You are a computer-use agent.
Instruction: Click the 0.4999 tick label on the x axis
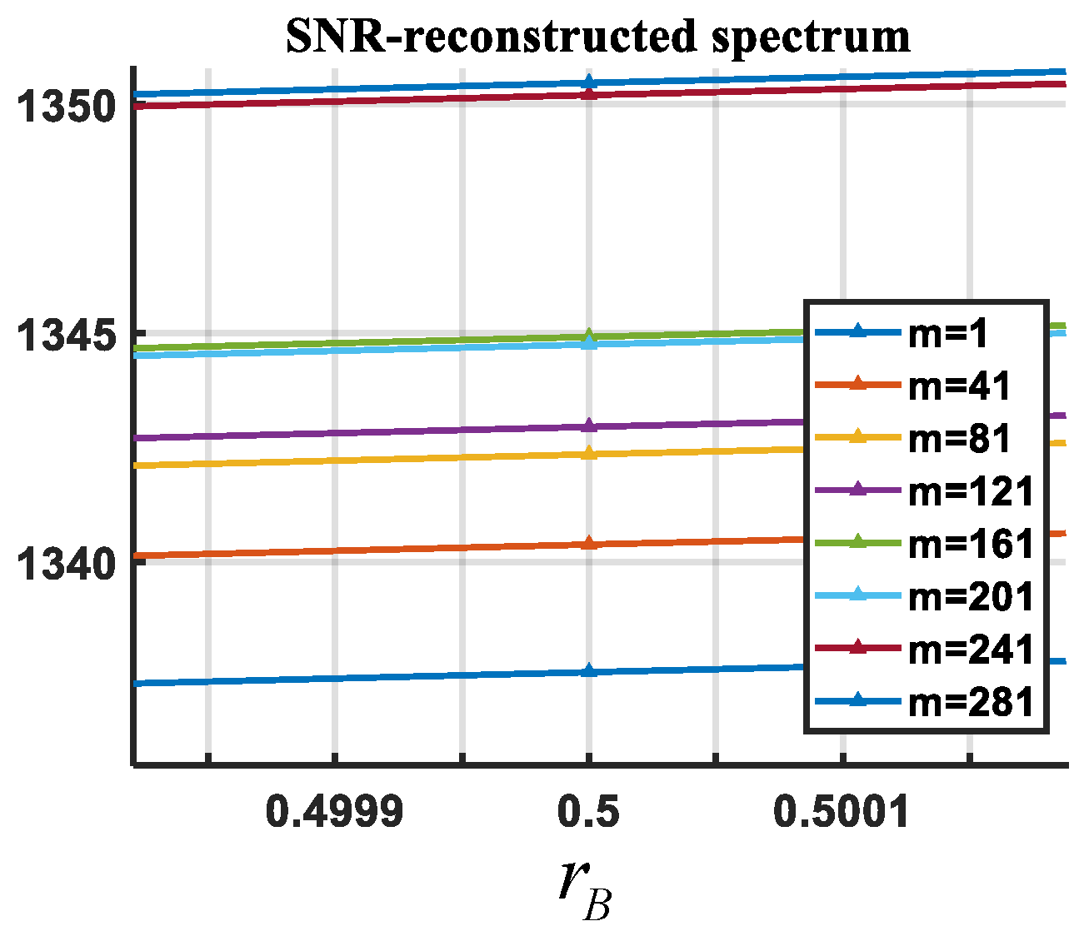[x=334, y=811]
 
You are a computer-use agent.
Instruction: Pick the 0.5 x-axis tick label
[x=588, y=811]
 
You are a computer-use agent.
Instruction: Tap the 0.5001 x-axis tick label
[x=842, y=811]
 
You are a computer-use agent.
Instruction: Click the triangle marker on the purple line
[x=589, y=426]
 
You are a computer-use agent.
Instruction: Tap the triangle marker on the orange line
[x=589, y=543]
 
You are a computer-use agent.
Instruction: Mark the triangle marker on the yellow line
[x=589, y=453]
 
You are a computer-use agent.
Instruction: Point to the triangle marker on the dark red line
[x=589, y=94]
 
